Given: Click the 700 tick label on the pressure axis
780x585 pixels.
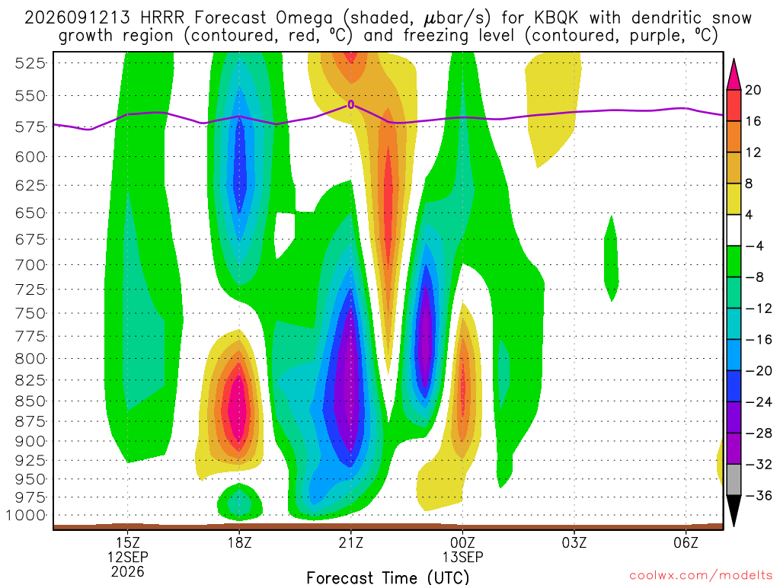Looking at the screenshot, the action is click(30, 264).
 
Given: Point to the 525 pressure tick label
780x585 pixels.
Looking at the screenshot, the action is click(30, 63).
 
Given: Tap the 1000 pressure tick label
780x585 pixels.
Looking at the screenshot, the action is click(26, 516).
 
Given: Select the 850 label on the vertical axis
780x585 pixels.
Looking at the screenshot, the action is click(30, 401).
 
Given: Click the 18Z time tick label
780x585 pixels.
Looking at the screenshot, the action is click(240, 542).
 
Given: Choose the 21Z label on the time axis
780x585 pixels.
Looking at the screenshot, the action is click(351, 542).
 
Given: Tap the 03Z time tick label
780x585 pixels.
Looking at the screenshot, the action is click(574, 542).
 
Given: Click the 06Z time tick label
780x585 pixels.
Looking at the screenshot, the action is click(686, 542).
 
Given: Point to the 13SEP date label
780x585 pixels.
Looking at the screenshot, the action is click(462, 557).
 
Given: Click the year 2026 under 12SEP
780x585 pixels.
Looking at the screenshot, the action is click(128, 572).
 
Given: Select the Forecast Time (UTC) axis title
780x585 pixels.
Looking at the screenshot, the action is click(388, 577).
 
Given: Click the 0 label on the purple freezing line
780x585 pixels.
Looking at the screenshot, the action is click(351, 104).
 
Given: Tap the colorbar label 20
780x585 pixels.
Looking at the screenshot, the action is click(753, 90).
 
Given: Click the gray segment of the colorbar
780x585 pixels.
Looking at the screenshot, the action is click(734, 480).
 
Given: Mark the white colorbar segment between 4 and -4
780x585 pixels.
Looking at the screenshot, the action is click(734, 230).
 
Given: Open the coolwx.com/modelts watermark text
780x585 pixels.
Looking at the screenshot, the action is click(701, 576).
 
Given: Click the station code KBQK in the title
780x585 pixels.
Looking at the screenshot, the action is click(557, 18).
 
